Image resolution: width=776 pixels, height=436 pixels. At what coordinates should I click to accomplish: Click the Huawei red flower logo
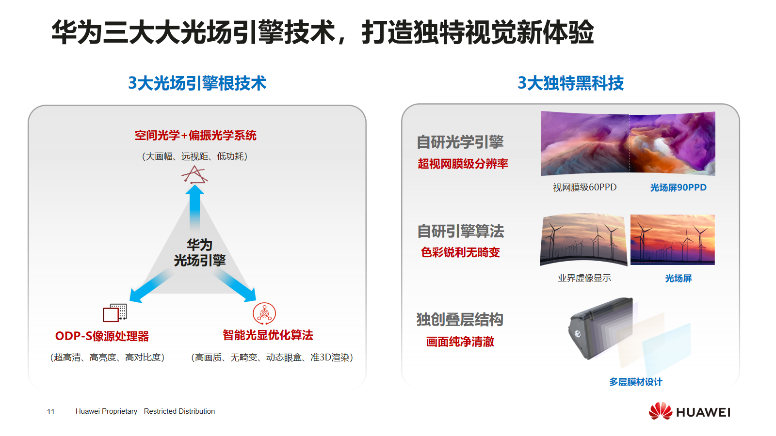(x=660, y=411)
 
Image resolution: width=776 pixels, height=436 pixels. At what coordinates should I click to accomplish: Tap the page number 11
(x=50, y=412)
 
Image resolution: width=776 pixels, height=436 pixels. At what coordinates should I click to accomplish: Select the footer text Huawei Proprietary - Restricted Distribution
(x=145, y=411)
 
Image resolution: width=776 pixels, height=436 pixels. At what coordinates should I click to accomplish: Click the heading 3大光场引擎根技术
(x=197, y=83)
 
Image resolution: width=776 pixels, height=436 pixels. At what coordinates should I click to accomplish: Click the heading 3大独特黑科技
(x=570, y=83)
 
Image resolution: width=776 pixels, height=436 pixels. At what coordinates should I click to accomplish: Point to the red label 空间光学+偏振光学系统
(x=195, y=136)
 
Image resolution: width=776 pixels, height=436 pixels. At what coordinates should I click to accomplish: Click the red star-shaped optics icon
(x=194, y=175)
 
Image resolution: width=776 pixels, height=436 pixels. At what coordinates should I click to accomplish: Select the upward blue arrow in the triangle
(x=194, y=206)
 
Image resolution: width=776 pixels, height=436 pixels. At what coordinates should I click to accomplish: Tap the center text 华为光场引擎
(x=200, y=252)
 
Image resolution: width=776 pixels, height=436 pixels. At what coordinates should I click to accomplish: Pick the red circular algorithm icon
(x=264, y=313)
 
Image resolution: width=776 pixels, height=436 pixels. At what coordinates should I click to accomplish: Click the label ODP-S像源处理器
(x=102, y=336)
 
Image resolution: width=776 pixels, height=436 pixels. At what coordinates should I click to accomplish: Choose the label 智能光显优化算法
(x=268, y=335)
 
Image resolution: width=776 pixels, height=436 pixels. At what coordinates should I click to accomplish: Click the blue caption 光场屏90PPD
(x=678, y=187)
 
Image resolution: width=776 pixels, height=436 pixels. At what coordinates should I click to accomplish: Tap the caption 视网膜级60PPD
(x=584, y=187)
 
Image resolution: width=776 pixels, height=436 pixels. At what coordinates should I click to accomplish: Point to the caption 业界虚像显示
(x=584, y=278)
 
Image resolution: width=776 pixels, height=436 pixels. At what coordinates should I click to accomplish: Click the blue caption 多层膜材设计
(x=635, y=382)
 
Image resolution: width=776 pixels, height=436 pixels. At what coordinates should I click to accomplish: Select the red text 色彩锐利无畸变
(x=460, y=252)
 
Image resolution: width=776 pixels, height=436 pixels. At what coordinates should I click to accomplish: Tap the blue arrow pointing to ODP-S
(x=150, y=286)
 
